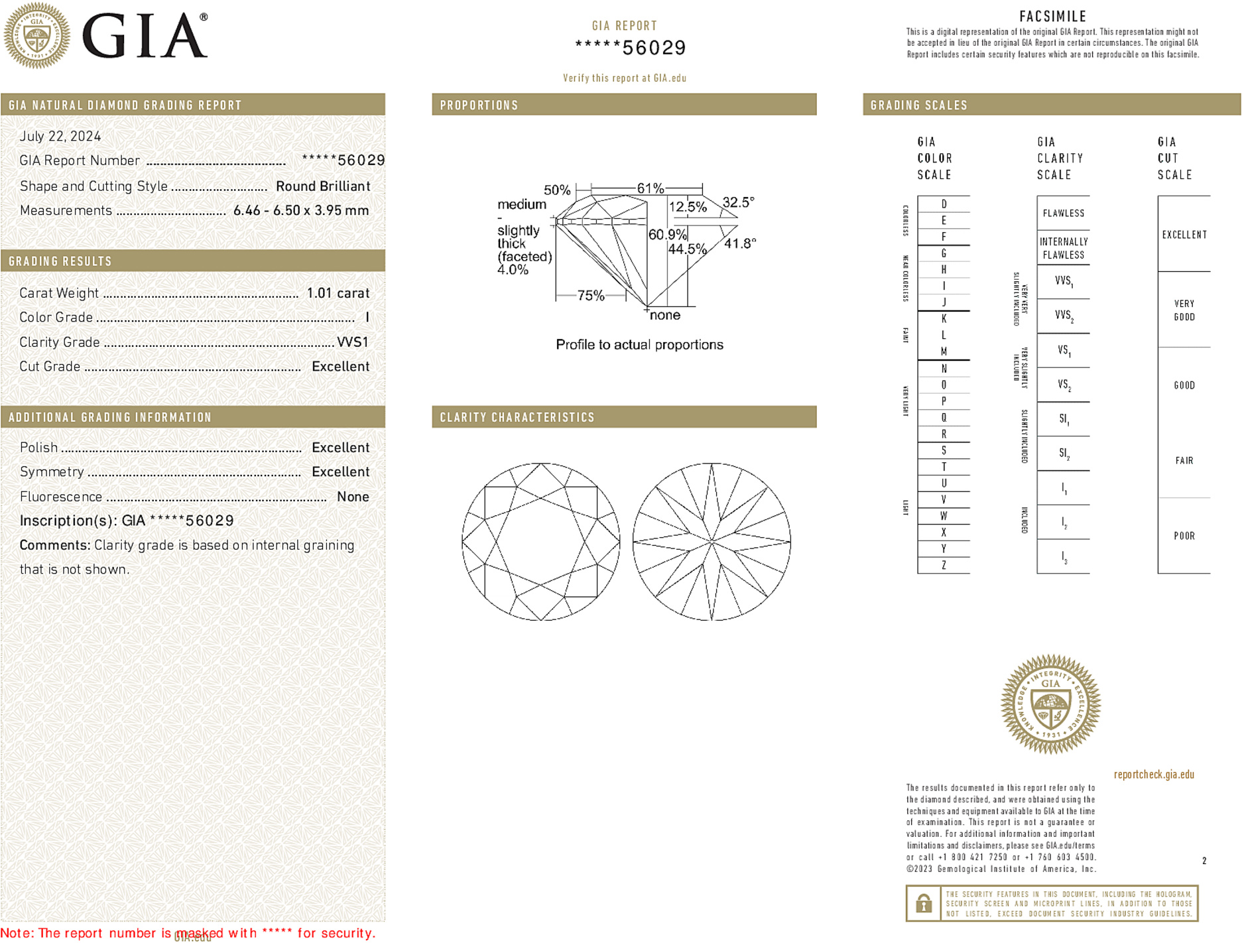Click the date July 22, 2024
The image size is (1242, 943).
(60, 136)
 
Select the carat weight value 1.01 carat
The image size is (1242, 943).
(338, 293)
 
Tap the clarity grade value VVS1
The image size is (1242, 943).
(353, 342)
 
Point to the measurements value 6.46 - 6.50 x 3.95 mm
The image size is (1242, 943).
(301, 211)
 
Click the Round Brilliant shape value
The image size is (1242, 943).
(323, 186)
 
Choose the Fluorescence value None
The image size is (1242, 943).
(353, 497)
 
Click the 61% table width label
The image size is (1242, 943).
(650, 188)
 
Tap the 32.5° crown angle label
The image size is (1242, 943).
(738, 202)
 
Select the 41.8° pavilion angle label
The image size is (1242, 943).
(740, 243)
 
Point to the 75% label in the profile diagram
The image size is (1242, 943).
(590, 296)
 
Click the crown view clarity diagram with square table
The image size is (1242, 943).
(541, 542)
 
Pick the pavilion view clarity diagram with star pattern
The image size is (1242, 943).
(712, 542)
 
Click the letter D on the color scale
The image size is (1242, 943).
(944, 204)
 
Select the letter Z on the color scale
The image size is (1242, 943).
(944, 565)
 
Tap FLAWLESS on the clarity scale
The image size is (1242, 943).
(1063, 214)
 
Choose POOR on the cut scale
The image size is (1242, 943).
(1184, 536)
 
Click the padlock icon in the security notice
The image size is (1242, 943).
(924, 903)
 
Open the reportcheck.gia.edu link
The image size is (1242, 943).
(1154, 775)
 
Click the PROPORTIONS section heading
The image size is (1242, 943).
(479, 105)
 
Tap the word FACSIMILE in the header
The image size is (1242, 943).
(1052, 17)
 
